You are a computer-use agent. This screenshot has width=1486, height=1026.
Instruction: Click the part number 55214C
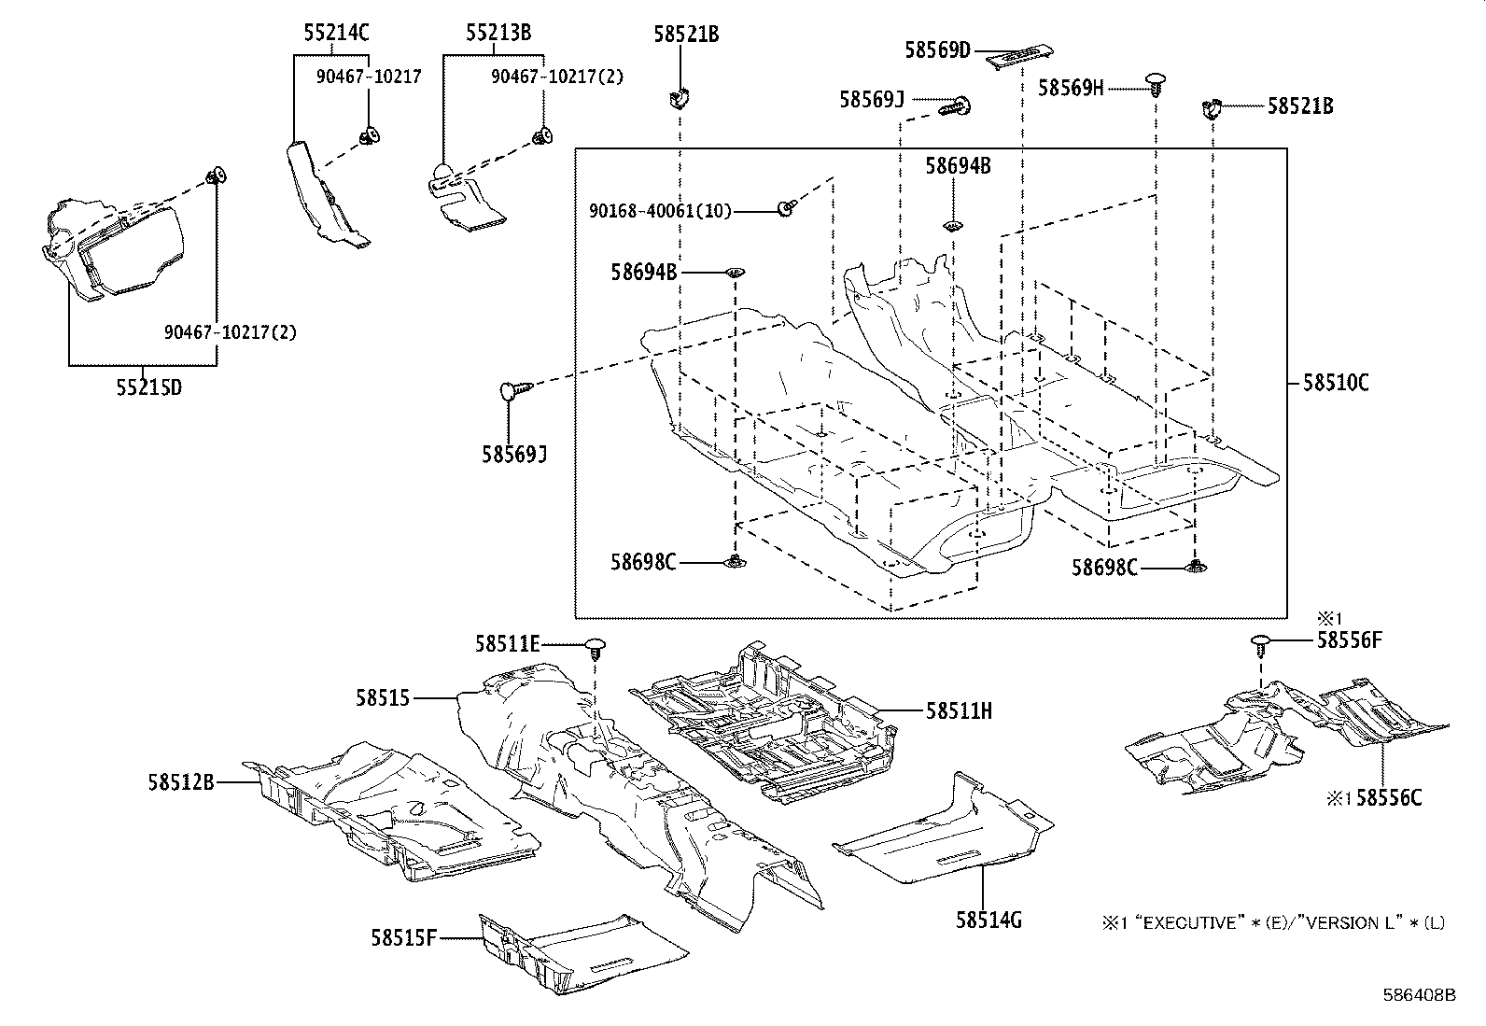(336, 34)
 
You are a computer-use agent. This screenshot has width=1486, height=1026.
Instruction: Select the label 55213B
(498, 34)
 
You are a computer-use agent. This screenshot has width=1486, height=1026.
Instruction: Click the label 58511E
(507, 643)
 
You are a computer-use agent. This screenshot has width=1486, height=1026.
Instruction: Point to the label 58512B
(180, 781)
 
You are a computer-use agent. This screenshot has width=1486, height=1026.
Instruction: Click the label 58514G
(988, 921)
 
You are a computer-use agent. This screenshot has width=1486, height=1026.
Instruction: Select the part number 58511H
(959, 711)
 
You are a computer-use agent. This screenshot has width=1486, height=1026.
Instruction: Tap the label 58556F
(1349, 640)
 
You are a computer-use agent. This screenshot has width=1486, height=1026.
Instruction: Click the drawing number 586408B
(1419, 995)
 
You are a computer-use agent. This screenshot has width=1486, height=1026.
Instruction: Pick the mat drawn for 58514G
(943, 831)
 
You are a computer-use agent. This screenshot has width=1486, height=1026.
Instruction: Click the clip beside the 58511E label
(596, 646)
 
